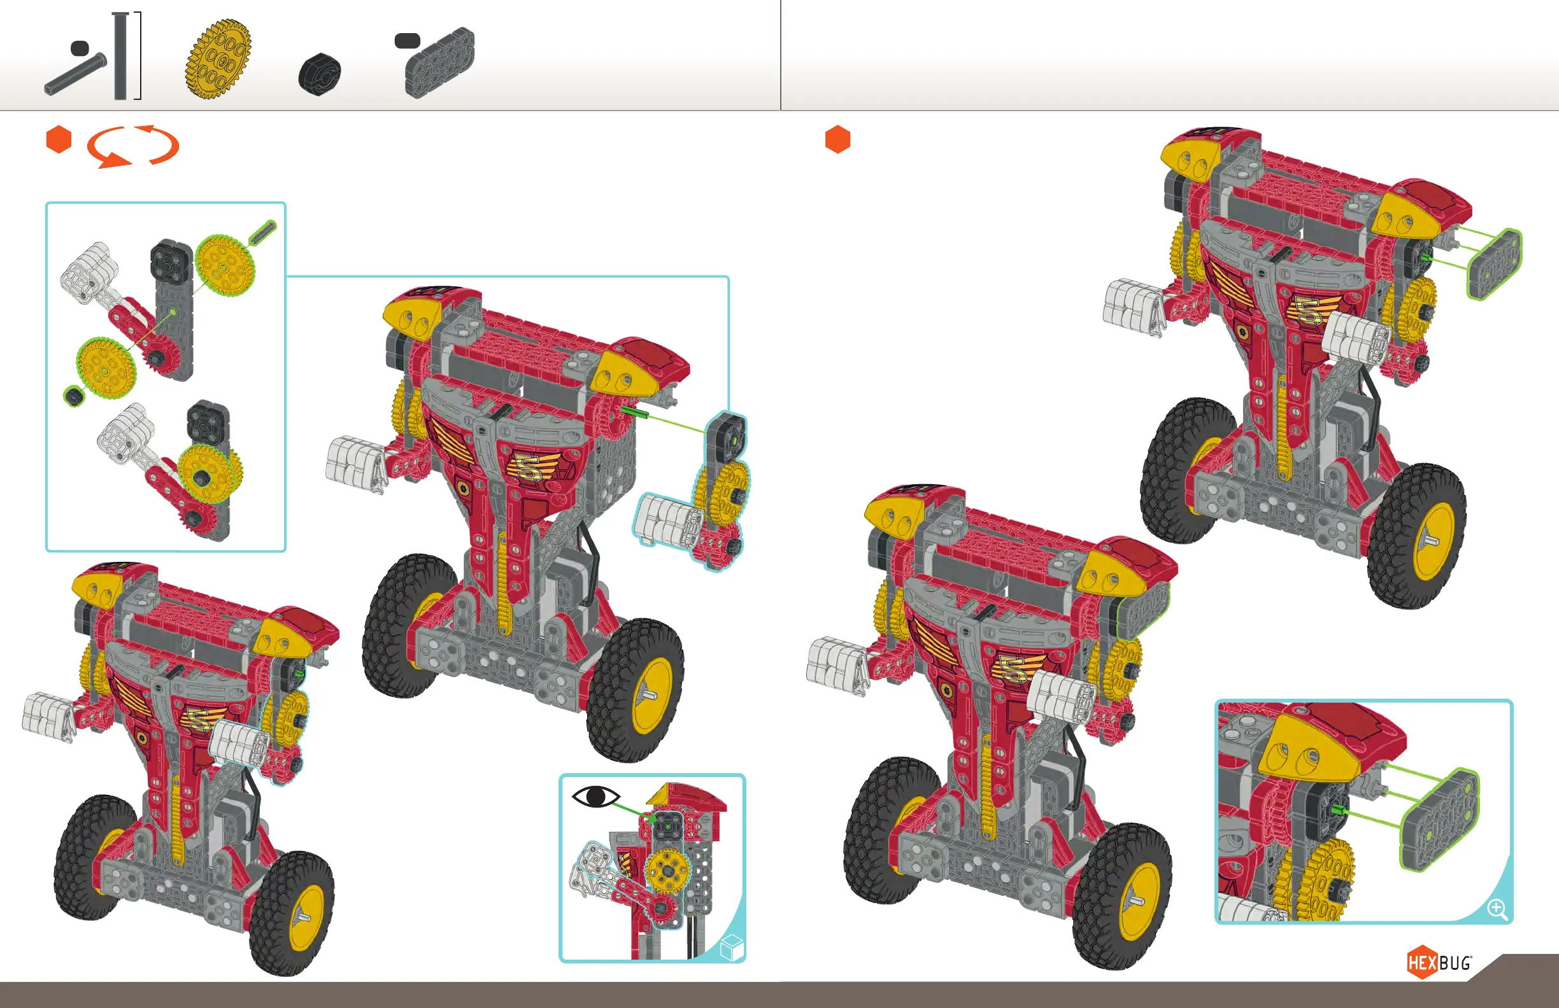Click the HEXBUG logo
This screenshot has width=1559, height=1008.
coord(1439,963)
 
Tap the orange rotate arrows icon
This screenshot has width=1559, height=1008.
coord(133,146)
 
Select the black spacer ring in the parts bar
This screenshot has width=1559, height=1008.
coord(320,73)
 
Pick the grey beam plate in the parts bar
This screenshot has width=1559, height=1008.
coord(439,63)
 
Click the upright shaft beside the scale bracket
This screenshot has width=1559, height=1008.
coord(119,56)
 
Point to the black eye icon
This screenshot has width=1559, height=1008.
coord(595,797)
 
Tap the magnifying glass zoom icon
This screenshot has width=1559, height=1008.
coord(1497,909)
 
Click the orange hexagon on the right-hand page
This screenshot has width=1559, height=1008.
coord(838,139)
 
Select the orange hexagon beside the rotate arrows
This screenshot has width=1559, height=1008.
coord(59,139)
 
